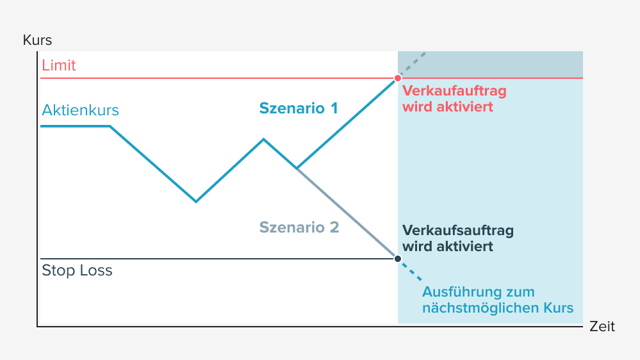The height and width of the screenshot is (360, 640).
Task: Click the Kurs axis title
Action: (x=37, y=40)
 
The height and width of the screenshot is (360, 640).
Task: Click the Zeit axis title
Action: (x=602, y=327)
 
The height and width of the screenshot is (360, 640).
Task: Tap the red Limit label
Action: (x=59, y=65)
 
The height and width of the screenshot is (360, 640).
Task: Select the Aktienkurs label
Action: (x=81, y=110)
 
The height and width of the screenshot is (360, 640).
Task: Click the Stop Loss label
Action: (x=77, y=270)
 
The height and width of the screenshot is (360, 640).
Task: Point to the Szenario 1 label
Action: (x=299, y=108)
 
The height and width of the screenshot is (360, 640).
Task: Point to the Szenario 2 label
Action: (x=299, y=227)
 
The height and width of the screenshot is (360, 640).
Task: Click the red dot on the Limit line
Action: (x=398, y=78)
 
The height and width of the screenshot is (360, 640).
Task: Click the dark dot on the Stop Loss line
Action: (x=398, y=259)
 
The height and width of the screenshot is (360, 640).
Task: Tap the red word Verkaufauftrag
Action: (x=454, y=91)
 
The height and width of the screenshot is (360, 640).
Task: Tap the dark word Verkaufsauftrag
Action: (x=457, y=231)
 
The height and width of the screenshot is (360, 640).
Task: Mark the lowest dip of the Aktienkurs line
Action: (x=196, y=202)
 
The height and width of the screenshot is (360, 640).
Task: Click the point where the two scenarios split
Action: (x=297, y=168)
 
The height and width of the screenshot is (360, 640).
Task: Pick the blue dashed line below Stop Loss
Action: (x=411, y=271)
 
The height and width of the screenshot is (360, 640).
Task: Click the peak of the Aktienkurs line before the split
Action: (x=263, y=138)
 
